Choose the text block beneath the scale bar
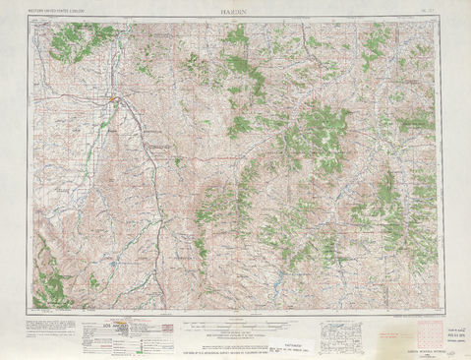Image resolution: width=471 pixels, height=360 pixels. coord(237,339)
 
